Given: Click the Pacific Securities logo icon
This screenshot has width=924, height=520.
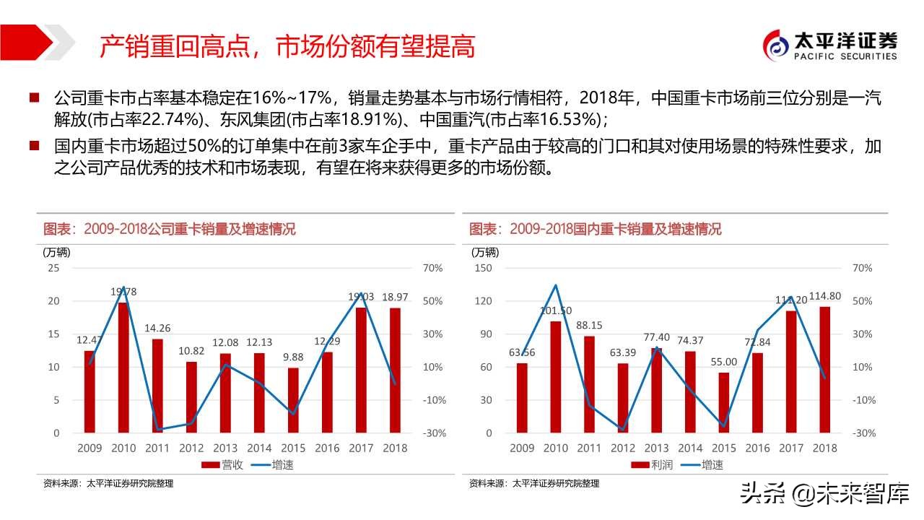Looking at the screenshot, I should [x=778, y=46].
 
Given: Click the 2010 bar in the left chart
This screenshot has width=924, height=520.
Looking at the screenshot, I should [x=123, y=368].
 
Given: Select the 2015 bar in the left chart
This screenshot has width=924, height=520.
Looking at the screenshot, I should [x=293, y=400].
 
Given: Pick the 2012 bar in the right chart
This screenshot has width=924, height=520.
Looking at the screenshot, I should [x=623, y=398].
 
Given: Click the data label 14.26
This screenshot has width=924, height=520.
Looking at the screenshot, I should [x=157, y=327].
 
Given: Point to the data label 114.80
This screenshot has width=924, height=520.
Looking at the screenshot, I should [x=825, y=295].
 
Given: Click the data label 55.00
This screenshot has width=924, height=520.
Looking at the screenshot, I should [x=723, y=362].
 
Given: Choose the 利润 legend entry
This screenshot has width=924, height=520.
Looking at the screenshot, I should [x=652, y=465].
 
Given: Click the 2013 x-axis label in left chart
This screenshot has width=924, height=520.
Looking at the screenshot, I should [x=226, y=448].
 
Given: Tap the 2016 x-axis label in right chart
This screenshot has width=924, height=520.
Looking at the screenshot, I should [x=757, y=448].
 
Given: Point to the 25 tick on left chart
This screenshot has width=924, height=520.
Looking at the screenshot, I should [x=53, y=268].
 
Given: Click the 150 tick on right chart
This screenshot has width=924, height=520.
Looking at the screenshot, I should [x=483, y=268].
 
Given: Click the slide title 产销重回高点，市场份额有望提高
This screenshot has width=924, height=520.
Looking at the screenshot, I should [x=287, y=47].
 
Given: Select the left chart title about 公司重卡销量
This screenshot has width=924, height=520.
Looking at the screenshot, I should [x=170, y=230].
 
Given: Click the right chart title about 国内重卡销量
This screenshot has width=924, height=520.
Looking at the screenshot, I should [x=596, y=230].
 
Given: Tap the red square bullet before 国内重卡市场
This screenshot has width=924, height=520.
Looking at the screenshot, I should [x=34, y=147].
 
